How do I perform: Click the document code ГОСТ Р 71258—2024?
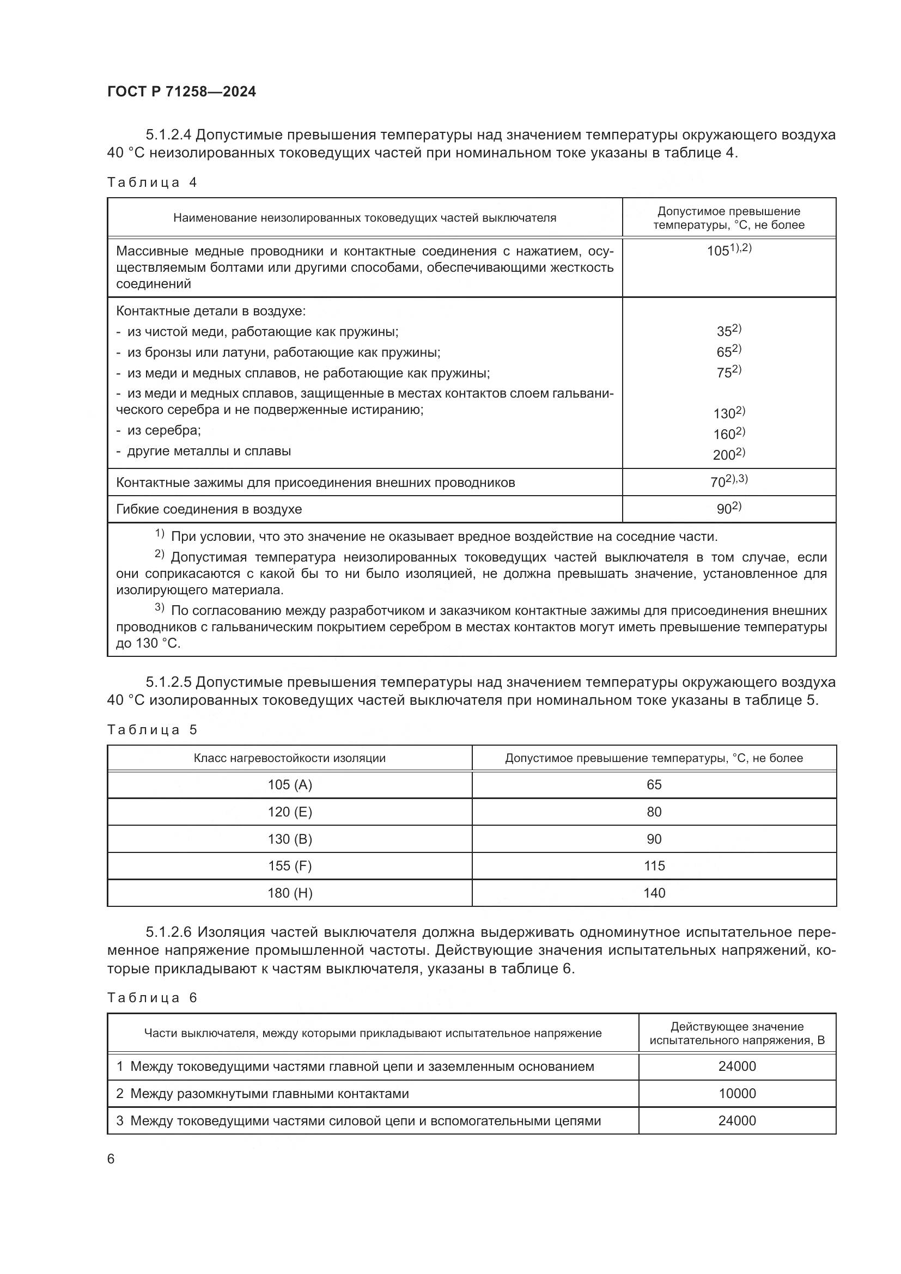181,92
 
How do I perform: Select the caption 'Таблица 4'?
152,182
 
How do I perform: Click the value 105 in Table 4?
718,251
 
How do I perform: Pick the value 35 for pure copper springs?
724,331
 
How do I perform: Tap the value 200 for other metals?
724,455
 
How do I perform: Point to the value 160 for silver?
724,434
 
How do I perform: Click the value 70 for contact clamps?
718,482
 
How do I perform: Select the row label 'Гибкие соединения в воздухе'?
209,509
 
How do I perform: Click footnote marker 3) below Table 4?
159,608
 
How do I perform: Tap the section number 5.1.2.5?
169,682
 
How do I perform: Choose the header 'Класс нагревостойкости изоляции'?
290,759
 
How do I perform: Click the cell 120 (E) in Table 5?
290,812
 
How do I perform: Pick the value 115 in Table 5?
654,866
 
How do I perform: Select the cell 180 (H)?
290,893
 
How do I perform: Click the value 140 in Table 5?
654,893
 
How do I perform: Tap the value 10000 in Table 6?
737,1094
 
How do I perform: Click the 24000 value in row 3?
737,1121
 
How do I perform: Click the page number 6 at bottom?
111,1159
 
